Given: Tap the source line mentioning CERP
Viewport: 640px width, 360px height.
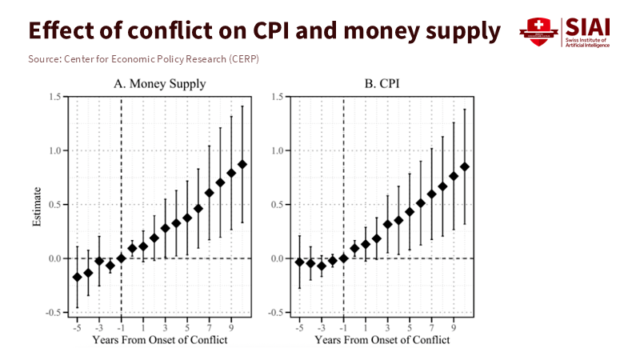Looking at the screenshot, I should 143,60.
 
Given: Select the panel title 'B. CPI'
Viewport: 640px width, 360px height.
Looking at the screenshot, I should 379,83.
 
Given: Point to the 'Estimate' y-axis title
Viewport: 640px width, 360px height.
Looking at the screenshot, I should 37,206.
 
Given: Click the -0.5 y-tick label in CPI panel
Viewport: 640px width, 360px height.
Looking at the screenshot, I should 275,312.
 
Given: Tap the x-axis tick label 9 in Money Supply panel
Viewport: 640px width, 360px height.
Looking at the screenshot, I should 231,327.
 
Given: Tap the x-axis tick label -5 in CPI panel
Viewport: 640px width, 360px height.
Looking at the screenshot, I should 299,327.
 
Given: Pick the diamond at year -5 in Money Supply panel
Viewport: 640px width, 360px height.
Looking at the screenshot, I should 77,277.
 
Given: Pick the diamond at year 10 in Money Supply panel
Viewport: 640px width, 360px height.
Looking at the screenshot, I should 242,164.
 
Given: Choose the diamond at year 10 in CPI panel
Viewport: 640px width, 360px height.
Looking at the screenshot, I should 465,166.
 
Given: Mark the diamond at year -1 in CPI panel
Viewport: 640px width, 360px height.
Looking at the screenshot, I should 344,258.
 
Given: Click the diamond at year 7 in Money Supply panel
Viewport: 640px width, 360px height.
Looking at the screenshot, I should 210,193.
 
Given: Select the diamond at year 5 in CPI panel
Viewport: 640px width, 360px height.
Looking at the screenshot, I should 410,212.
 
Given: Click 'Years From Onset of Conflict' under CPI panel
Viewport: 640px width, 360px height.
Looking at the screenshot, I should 382,340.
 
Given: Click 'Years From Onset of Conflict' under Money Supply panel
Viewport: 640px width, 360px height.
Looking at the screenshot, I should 159,340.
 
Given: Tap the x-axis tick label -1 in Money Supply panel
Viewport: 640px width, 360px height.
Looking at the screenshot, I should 120,327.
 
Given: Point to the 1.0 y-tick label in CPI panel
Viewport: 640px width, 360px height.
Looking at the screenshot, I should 277,150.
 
